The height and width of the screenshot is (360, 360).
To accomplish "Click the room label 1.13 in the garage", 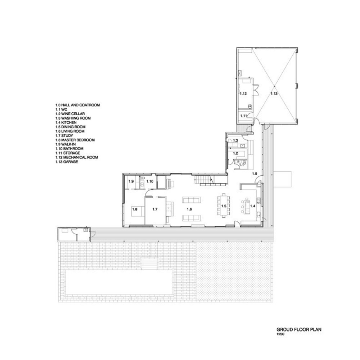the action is [x=274, y=94].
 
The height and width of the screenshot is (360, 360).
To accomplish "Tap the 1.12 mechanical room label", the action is [x=243, y=94].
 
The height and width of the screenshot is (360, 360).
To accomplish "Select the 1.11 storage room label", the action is [x=243, y=116].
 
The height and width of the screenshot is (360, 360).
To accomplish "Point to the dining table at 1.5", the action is [x=224, y=206].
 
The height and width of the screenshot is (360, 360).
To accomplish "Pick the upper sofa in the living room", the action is [x=192, y=200].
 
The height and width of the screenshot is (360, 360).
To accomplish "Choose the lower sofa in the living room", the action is [x=192, y=218].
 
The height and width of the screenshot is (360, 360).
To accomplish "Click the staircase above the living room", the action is [x=203, y=179].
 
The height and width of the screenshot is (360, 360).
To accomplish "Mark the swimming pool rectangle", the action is [x=119, y=282].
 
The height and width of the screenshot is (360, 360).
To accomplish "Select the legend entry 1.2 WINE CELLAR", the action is [x=70, y=114].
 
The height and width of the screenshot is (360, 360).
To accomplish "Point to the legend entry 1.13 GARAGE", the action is [x=67, y=162].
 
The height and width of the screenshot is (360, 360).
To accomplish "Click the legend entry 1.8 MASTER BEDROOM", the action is [x=75, y=140].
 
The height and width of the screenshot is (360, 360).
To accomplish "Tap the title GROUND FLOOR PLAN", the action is [x=299, y=329].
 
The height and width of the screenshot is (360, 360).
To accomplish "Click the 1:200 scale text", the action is [x=280, y=334].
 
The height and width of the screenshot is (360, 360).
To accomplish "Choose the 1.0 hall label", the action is [x=255, y=174].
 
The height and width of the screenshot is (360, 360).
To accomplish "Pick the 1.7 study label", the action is [x=155, y=209].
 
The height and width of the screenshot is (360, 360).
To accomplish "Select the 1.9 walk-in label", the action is [x=131, y=181].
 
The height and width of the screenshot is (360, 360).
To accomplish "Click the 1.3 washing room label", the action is [x=235, y=140].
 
